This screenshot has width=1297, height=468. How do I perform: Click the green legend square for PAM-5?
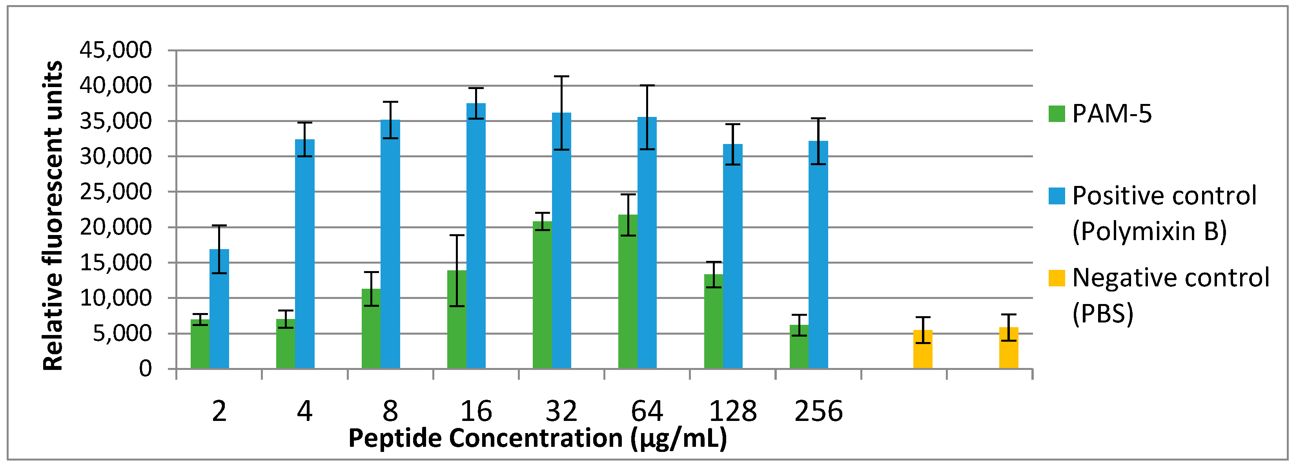coord(1057,114)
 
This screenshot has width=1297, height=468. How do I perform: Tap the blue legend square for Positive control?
coord(1057,196)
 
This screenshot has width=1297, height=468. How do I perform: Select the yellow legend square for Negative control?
coord(1057,278)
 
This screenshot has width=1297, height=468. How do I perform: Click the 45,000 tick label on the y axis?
coord(115,50)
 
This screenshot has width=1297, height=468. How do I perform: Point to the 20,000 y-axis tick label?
coord(115,228)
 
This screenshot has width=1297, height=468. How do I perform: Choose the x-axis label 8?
coord(390,411)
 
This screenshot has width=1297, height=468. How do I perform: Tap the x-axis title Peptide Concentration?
coord(538,438)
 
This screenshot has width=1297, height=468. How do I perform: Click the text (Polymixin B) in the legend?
coord(1149,231)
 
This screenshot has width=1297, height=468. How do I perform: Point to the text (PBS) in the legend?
coord(1103,313)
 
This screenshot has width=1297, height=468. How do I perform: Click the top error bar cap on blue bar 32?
coord(561,76)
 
